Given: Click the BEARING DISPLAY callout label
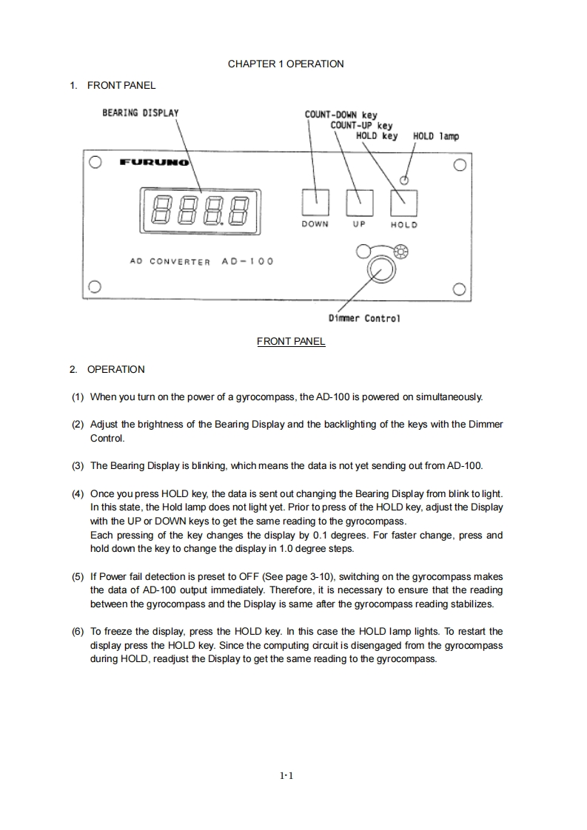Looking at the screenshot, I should click(140, 113).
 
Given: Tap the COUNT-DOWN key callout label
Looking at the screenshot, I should click(341, 115).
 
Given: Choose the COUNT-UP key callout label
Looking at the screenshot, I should click(361, 126).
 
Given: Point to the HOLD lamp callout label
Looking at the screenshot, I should click(435, 136).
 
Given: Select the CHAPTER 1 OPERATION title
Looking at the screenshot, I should click(286, 64).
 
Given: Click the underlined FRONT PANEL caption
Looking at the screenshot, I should click(291, 341).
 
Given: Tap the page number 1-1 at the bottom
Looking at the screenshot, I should click(287, 776).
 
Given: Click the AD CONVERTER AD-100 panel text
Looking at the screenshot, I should click(201, 261).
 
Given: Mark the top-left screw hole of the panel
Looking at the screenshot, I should click(94, 163).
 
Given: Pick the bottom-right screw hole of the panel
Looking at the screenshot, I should click(460, 289).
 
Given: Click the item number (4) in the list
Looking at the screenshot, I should click(78, 493).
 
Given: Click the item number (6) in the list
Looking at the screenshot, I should click(78, 632).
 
